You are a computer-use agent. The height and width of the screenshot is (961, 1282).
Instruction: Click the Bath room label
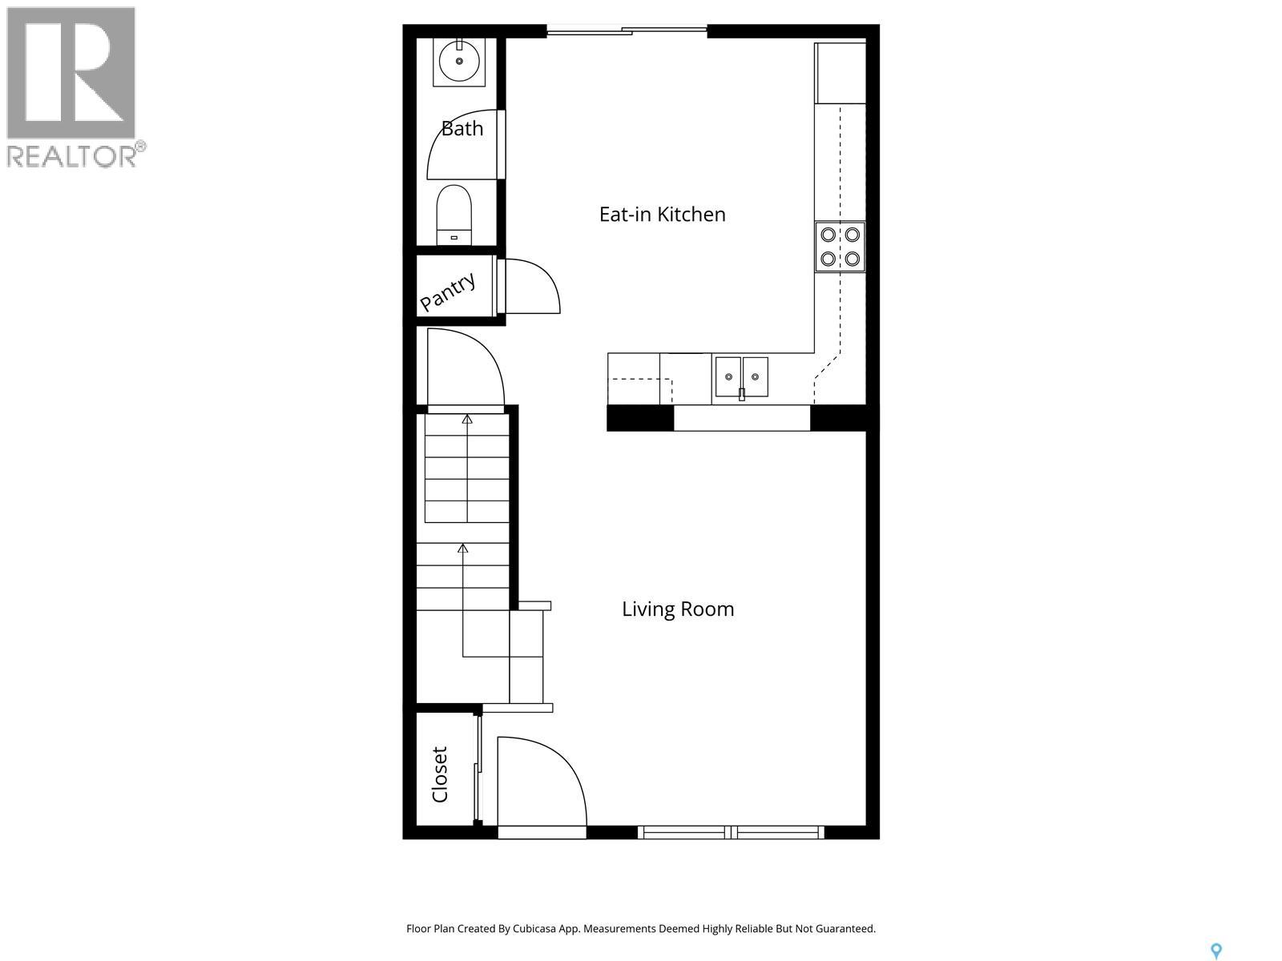(462, 128)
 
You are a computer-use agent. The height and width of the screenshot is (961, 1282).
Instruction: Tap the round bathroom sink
(460, 61)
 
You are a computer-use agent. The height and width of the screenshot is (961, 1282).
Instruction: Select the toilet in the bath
(454, 213)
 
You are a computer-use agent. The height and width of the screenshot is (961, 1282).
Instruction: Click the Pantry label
(448, 292)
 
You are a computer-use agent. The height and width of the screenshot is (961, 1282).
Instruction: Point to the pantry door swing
(530, 286)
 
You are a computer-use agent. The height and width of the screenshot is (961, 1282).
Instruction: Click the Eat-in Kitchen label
(662, 215)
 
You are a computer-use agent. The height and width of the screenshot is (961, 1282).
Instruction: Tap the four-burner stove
(840, 247)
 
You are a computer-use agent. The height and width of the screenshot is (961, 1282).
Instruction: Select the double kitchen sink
(741, 376)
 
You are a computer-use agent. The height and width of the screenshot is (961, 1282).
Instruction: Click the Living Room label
(678, 609)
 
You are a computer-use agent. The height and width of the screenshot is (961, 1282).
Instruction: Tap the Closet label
(440, 774)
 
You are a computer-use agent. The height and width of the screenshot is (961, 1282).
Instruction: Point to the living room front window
(731, 833)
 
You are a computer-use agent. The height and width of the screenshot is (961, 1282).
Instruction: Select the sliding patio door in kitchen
(627, 32)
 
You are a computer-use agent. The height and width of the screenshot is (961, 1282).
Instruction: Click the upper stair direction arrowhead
(467, 419)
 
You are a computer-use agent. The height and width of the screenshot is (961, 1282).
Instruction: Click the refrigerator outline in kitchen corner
(840, 74)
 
